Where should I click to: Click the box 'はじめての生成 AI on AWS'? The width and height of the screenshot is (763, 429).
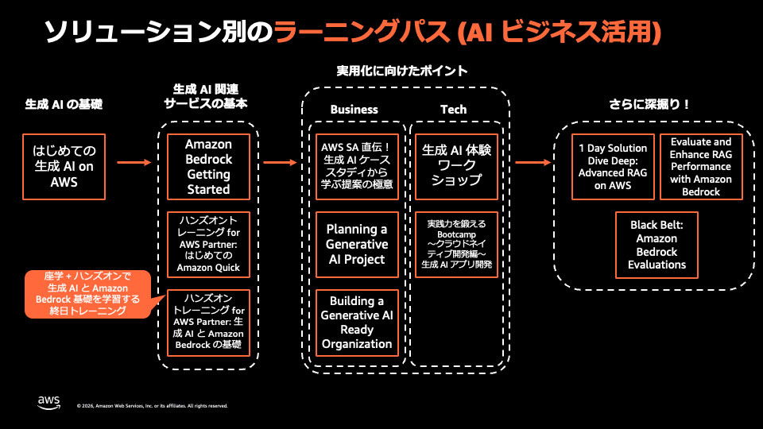[x=64, y=167]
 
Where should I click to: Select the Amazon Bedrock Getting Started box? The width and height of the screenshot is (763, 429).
[x=208, y=167]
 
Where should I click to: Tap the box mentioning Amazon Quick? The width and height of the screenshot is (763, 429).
[x=208, y=245]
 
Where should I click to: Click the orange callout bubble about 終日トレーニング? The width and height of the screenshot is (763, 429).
[x=88, y=294]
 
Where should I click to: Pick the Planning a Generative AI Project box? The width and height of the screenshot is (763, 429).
[x=357, y=245]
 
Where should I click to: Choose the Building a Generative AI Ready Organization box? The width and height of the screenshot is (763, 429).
[x=357, y=323]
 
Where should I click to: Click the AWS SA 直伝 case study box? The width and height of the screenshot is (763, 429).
[x=357, y=167]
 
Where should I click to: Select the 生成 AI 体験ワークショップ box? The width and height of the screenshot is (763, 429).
[x=456, y=167]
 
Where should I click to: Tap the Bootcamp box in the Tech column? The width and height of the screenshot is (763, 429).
[x=456, y=245]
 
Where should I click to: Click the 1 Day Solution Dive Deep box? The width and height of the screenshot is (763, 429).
[x=613, y=167]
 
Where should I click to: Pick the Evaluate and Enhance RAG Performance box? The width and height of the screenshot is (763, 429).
[x=701, y=167]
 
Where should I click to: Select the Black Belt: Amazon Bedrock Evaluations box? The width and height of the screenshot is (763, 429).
[x=657, y=245]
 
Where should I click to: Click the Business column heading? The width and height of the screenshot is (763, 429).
[x=354, y=110]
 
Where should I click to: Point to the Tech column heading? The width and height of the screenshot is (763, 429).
[x=454, y=110]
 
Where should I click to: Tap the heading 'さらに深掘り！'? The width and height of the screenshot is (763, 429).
[x=649, y=104]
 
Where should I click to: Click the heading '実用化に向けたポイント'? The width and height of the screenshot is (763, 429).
[x=402, y=71]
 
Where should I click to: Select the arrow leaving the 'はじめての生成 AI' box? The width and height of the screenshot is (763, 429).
[x=134, y=162]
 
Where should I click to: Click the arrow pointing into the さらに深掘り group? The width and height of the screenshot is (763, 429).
[x=533, y=162]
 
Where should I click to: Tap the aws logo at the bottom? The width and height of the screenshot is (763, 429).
[x=48, y=402]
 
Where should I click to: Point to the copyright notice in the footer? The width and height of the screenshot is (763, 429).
[x=153, y=406]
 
